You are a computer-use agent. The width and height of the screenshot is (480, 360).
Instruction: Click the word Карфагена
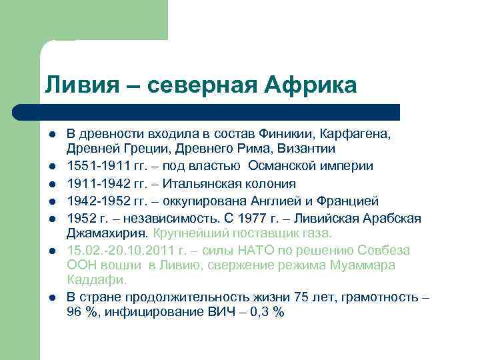click(361, 133)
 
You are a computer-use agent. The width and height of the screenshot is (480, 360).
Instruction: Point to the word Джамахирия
click(107, 233)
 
